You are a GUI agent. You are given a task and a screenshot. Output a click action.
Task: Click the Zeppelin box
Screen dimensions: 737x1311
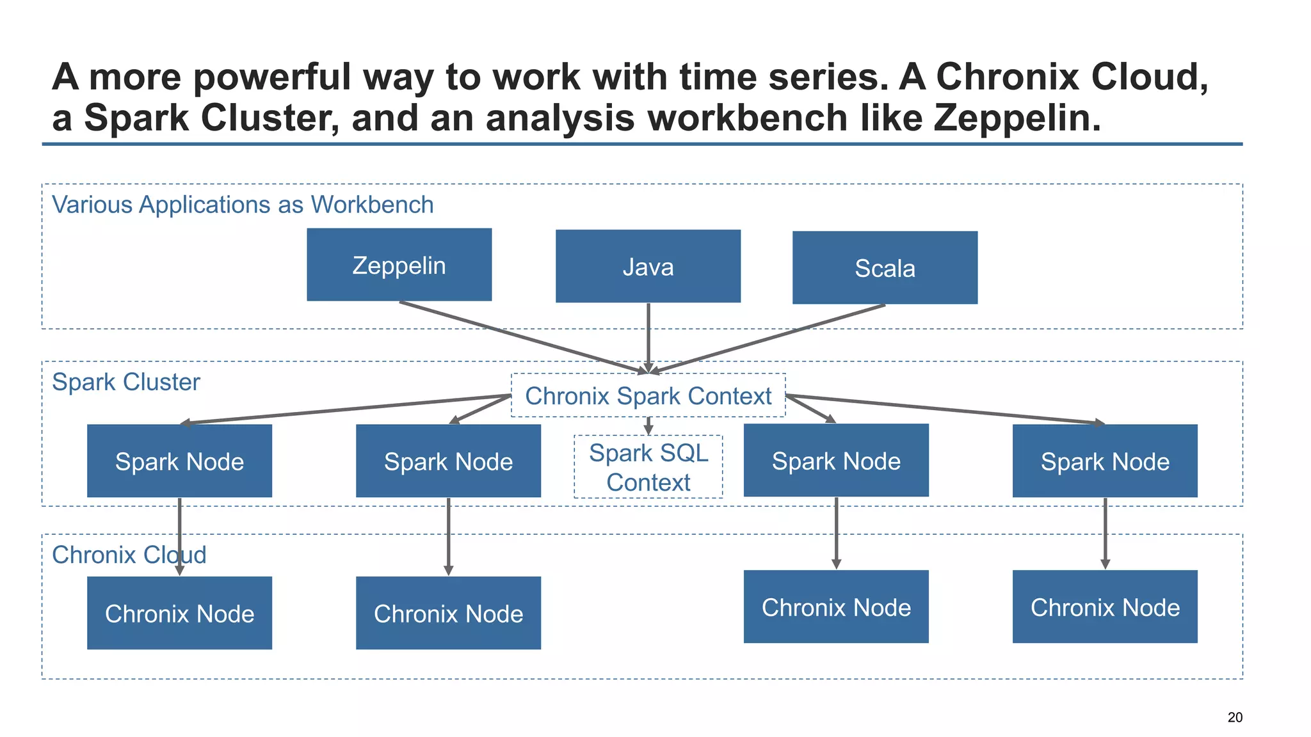pos(399,264)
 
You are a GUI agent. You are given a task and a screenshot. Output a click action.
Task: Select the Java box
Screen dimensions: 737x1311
pos(648,266)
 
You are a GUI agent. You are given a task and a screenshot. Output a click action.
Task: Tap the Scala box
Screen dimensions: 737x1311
pos(885,267)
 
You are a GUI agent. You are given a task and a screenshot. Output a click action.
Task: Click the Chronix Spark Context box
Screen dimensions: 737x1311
pos(648,395)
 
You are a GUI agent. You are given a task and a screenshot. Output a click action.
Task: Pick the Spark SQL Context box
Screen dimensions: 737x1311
pos(648,467)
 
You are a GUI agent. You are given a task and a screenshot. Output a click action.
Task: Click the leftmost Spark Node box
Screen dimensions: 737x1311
pos(179,461)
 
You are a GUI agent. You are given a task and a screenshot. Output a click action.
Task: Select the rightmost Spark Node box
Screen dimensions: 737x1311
pos(1105,461)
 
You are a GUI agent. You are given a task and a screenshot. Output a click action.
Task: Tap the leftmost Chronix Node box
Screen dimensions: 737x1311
pos(179,613)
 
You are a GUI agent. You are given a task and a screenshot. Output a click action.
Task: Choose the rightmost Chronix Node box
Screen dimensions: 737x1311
pos(1105,606)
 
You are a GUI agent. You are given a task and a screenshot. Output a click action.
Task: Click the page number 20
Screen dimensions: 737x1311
pos(1235,717)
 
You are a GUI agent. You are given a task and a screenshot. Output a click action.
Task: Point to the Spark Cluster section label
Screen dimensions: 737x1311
pos(125,382)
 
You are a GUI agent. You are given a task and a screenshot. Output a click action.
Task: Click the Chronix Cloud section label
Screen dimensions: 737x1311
pos(129,555)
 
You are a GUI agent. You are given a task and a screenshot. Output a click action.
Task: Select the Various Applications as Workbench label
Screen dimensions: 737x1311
pos(242,205)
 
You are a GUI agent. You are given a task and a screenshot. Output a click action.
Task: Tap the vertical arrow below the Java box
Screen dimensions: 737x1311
pos(648,336)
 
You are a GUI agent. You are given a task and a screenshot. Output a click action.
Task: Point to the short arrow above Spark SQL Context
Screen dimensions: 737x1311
pos(648,425)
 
